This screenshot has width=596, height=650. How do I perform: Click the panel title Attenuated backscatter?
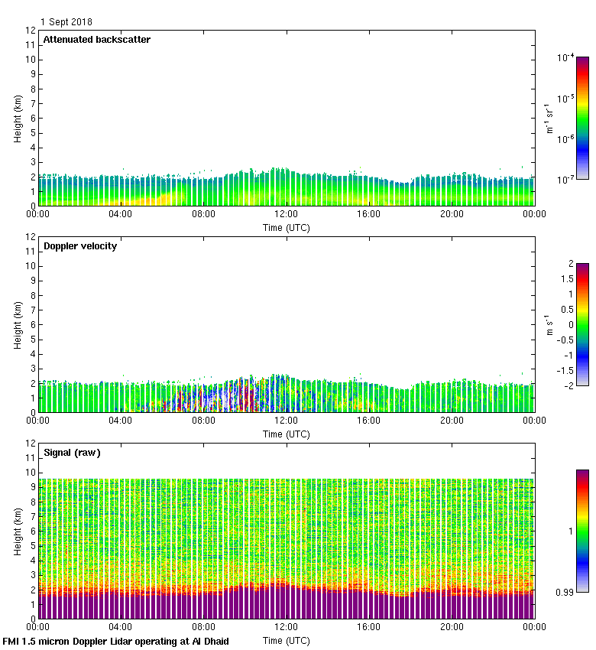(x=97, y=40)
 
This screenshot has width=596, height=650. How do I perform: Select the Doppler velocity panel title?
(x=80, y=246)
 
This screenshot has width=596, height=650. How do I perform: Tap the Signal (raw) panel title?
(x=72, y=453)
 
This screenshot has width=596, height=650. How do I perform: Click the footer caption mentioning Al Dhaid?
(x=116, y=642)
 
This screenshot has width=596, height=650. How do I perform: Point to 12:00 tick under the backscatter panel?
(x=287, y=215)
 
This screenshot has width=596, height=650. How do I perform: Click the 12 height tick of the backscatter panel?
(x=31, y=31)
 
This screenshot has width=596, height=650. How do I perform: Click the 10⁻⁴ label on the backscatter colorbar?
(x=566, y=57)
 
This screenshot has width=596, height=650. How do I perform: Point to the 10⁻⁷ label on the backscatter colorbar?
(x=566, y=180)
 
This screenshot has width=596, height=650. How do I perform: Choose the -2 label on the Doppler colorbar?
(x=566, y=386)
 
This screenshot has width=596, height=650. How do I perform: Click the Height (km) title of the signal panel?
(x=17, y=531)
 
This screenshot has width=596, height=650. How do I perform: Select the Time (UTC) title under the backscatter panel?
(x=287, y=227)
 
